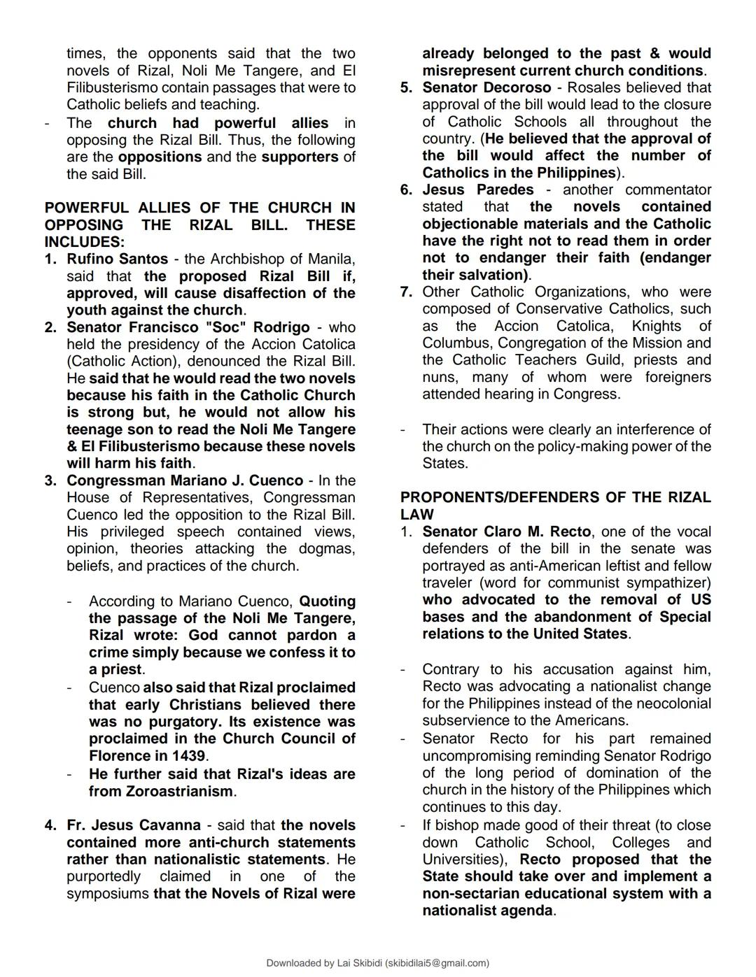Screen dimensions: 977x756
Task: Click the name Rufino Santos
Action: pyautogui.click(x=117, y=259)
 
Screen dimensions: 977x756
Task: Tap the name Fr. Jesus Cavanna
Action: pyautogui.click(x=133, y=826)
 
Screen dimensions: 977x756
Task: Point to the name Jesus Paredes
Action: pyautogui.click(x=477, y=190)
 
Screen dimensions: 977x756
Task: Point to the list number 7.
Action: pyautogui.click(x=406, y=292)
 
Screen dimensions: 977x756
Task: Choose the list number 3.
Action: pyautogui.click(x=50, y=481)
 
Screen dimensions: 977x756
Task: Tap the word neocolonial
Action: pyautogui.click(x=666, y=704)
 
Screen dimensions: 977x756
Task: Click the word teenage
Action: pyautogui.click(x=94, y=430)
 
